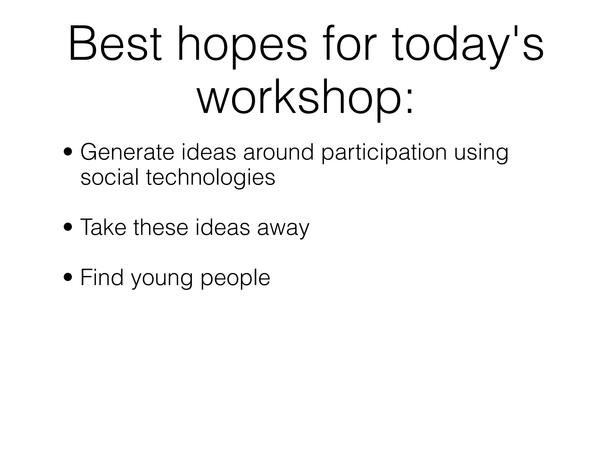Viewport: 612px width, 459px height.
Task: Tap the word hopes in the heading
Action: pyautogui.click(x=242, y=48)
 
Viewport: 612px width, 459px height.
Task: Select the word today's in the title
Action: pyautogui.click(x=468, y=48)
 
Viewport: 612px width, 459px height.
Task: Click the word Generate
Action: pyautogui.click(x=127, y=152)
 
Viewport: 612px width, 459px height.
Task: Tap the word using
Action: pyautogui.click(x=481, y=154)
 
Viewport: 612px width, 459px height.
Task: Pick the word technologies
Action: pyautogui.click(x=211, y=179)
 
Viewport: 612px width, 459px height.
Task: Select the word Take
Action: pyautogui.click(x=103, y=228)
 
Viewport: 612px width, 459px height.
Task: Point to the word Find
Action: pyautogui.click(x=102, y=278)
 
